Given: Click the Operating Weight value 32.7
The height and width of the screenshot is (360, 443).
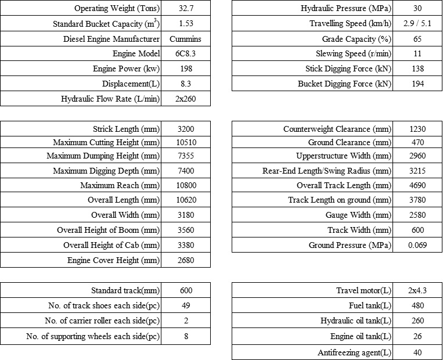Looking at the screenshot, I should point(185,9).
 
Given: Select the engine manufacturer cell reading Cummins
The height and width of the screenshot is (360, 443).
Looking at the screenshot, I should point(185,39).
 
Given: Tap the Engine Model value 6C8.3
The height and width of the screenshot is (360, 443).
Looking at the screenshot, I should point(185,54).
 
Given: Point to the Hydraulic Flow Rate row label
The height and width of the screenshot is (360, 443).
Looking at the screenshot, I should point(110,99).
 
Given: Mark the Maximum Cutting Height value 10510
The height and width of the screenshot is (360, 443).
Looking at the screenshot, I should point(185,142).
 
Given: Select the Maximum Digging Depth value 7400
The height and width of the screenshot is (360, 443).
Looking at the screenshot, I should point(185,171).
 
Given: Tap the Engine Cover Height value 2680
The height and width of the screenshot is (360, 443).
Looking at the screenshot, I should point(185,260).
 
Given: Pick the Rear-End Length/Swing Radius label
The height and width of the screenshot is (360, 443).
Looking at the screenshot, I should point(327,171).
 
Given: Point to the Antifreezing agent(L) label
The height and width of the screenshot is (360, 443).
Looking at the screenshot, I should point(354,352).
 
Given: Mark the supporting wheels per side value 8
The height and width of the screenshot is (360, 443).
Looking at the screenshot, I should point(185,336).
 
